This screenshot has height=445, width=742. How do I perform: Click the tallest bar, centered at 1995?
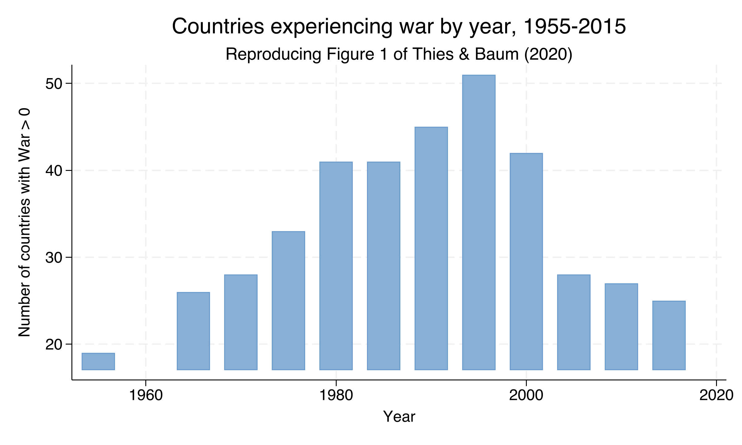tap(479, 222)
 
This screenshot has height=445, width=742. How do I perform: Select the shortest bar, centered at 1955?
tap(98, 361)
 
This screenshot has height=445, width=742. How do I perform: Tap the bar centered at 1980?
tap(336, 266)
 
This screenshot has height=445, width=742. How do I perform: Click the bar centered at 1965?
tap(193, 331)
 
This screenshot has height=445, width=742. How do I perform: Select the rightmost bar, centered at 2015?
tap(669, 335)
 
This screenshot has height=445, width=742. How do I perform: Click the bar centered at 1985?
tap(384, 266)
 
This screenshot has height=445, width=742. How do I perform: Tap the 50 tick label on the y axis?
tap(54, 84)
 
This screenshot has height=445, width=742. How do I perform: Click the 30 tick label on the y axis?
tap(54, 258)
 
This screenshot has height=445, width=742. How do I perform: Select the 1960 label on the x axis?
tap(146, 396)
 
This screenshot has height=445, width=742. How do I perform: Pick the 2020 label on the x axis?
tap(716, 396)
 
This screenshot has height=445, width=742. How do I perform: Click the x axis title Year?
tap(399, 417)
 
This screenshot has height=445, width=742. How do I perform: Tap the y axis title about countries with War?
tap(25, 222)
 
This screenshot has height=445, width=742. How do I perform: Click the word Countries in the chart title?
tap(218, 27)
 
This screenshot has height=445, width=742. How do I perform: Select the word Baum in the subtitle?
tap(497, 54)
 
